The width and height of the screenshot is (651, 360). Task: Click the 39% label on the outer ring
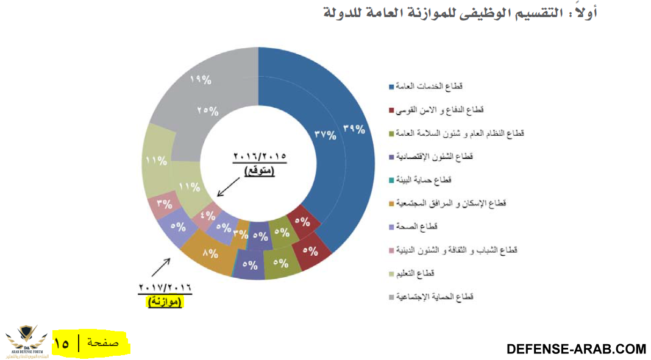(x=354, y=129)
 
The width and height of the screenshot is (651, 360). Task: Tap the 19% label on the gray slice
(x=201, y=80)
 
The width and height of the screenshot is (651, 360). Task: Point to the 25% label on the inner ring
(x=208, y=110)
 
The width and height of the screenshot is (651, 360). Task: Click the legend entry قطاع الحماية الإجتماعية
(x=435, y=297)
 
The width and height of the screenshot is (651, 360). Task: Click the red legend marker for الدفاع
(x=390, y=110)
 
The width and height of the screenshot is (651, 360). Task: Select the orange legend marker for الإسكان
(x=390, y=203)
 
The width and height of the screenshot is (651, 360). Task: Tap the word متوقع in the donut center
(x=260, y=171)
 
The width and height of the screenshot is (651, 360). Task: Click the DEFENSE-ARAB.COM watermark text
(x=576, y=349)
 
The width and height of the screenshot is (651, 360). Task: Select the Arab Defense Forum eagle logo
(x=26, y=341)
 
